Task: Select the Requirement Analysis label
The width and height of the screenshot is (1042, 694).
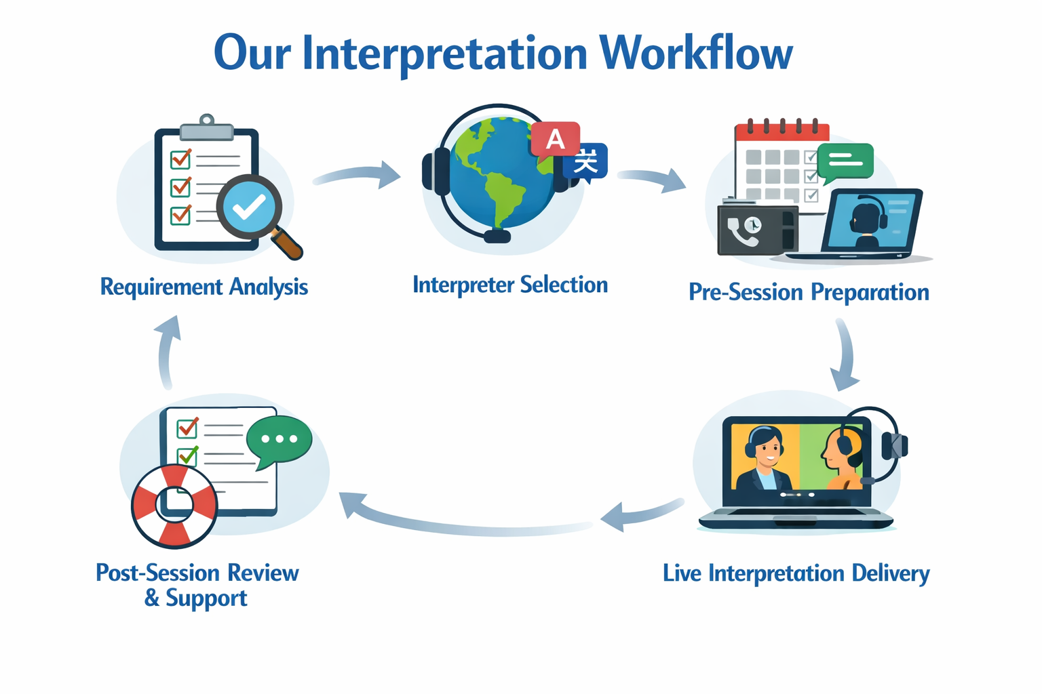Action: (x=204, y=287)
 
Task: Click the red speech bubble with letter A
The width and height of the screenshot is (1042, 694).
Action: (x=555, y=140)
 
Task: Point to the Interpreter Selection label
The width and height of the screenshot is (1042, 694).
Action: (x=510, y=285)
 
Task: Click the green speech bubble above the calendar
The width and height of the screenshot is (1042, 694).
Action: (x=845, y=161)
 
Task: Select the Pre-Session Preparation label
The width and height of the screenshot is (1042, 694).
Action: (x=809, y=292)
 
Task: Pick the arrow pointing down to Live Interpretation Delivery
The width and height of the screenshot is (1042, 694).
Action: (x=845, y=356)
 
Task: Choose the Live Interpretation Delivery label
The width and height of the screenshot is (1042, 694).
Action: (x=796, y=573)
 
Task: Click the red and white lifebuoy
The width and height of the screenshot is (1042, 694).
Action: (x=174, y=506)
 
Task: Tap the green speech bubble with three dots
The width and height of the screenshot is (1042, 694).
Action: (x=279, y=441)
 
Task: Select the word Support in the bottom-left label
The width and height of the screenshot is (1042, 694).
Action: (x=206, y=598)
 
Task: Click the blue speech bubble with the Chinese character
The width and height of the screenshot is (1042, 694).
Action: (x=586, y=163)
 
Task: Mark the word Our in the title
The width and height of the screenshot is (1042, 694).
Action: (x=252, y=53)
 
